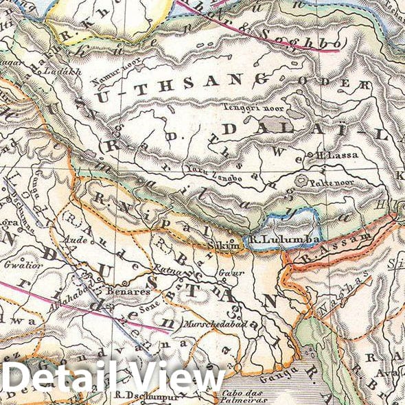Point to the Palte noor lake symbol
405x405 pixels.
[301, 180]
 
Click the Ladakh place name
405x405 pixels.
[54, 71]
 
